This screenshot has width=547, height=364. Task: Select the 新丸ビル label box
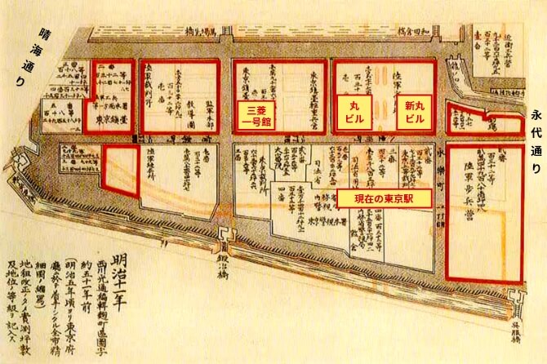414,113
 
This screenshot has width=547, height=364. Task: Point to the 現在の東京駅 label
384,198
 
